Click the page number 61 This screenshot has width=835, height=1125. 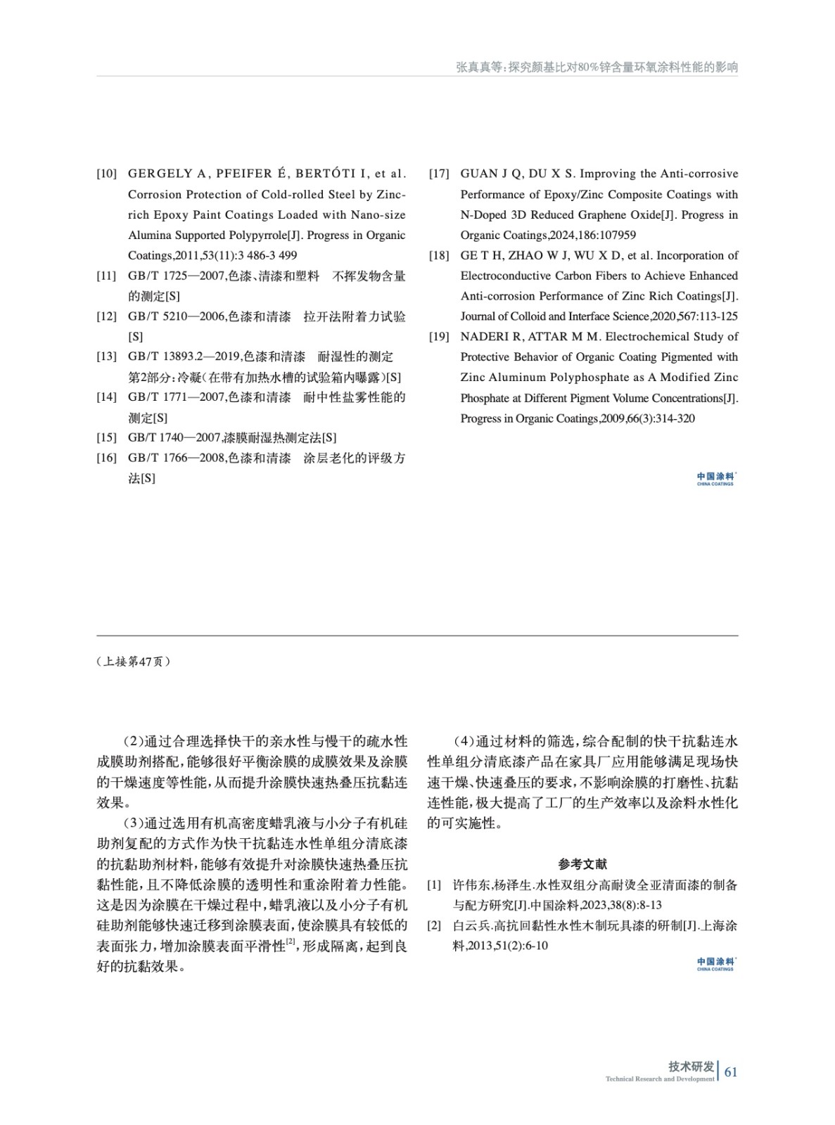pyautogui.click(x=732, y=1072)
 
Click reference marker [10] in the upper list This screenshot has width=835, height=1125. pyautogui.click(x=107, y=174)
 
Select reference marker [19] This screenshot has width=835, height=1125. pyautogui.click(x=439, y=337)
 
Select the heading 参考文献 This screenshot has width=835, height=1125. pyautogui.click(x=582, y=864)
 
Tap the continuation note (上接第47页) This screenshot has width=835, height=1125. pyautogui.click(x=133, y=662)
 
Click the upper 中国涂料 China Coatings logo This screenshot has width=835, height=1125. pyautogui.click(x=715, y=479)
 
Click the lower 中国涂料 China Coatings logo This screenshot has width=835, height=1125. pyautogui.click(x=715, y=964)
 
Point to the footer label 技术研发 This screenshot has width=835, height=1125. pyautogui.click(x=691, y=1067)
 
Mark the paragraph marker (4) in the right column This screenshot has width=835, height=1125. pyautogui.click(x=464, y=742)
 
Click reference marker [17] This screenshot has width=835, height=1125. pyautogui.click(x=439, y=174)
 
